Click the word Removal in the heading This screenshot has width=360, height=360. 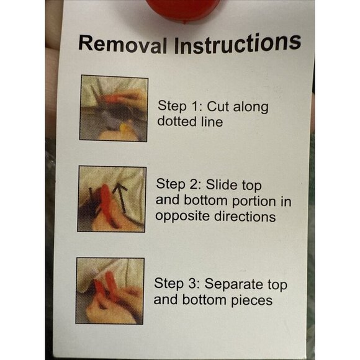pos(123,45)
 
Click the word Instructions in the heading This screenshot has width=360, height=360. pos(238,43)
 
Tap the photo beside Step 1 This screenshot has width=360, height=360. pos(114,108)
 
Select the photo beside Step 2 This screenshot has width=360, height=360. pos(112,199)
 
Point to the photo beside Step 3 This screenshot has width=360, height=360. pos(110,291)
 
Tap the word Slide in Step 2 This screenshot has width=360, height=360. pos(222,184)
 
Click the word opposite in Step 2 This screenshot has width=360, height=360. pos(182,217)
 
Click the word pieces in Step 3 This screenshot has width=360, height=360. pos(251,300)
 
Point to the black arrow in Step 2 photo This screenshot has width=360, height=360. pos(120,197)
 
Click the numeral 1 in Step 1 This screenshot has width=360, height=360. pos(194,106)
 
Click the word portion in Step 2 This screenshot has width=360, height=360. pos(253,201)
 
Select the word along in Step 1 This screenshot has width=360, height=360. pos(251,107)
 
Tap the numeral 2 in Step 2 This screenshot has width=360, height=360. pos(193,184)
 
